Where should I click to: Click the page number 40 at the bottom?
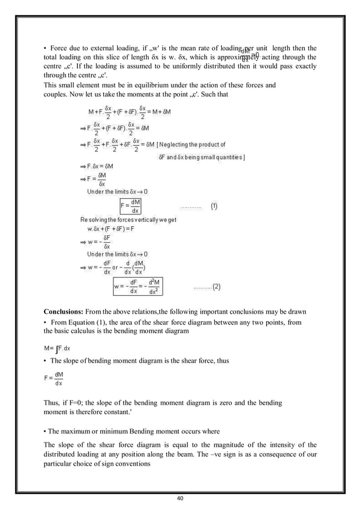[179, 498]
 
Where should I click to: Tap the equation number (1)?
[215, 207]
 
